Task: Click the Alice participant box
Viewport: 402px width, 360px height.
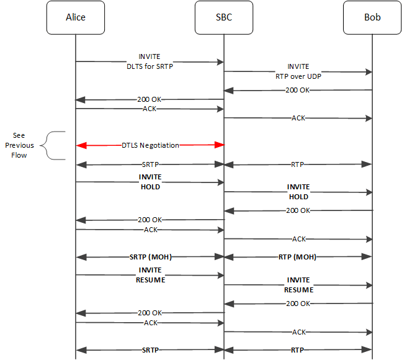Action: point(75,17)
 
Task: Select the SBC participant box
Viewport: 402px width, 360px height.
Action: point(223,17)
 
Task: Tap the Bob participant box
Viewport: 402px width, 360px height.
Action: point(372,17)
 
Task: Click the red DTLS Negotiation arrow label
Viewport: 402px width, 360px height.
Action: point(150,145)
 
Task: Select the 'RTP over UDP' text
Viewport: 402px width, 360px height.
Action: point(298,77)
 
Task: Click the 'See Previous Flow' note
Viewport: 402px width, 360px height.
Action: point(20,145)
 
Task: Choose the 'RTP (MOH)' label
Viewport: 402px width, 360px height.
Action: point(298,256)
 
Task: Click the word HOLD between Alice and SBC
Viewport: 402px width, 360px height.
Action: point(150,186)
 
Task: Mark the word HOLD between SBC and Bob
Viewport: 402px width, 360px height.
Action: point(298,197)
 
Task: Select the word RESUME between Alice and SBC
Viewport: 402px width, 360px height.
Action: point(150,279)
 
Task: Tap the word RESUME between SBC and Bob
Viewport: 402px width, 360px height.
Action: point(298,290)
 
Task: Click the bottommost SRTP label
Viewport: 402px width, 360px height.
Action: point(150,350)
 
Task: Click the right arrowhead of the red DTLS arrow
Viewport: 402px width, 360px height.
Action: point(219,145)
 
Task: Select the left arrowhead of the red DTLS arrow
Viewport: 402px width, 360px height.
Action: point(81,145)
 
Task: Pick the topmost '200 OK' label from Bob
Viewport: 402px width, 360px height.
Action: point(298,90)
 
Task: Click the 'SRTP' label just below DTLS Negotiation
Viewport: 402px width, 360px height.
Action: point(150,164)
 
